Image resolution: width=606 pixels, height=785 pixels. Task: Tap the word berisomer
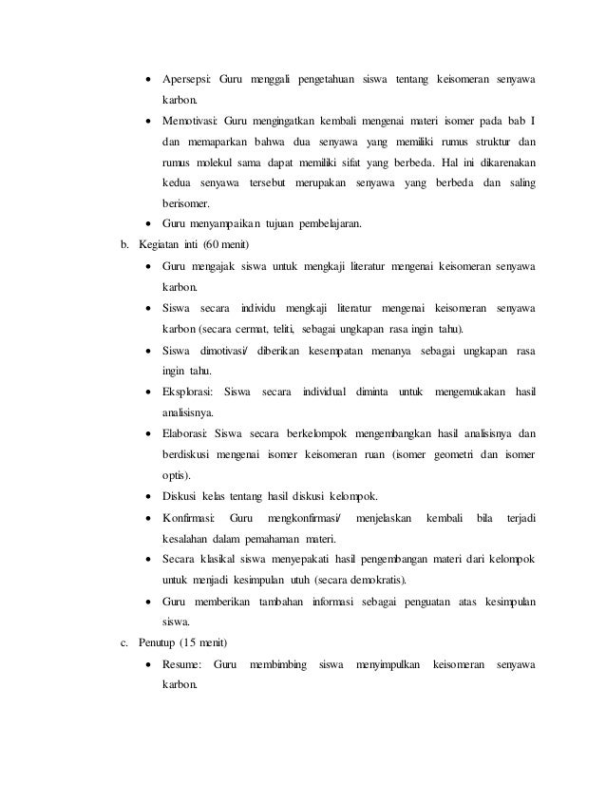click(x=186, y=202)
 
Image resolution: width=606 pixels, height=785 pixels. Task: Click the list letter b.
click(x=123, y=245)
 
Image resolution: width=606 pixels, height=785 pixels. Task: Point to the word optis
click(x=174, y=474)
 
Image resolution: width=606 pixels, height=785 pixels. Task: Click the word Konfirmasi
click(x=188, y=517)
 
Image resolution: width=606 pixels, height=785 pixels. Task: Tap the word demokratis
click(x=380, y=579)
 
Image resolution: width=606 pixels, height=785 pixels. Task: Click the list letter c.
click(x=123, y=643)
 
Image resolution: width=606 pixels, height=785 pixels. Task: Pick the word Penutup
click(x=158, y=643)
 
